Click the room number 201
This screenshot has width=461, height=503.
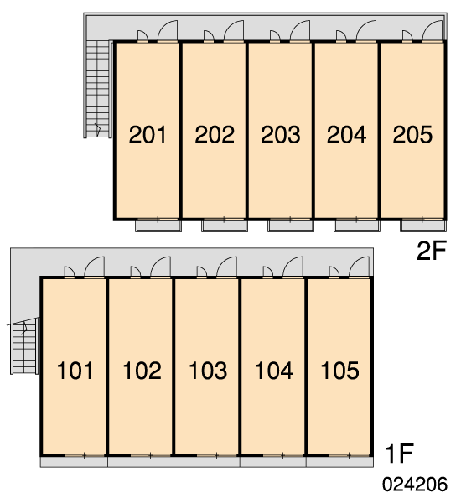(x=148, y=134)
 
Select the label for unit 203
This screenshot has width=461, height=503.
(x=281, y=134)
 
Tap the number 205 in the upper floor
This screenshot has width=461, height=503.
(x=412, y=134)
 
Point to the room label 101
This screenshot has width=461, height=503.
(x=75, y=371)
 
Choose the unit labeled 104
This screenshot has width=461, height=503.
(x=273, y=371)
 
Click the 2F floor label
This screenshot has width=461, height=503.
(x=432, y=251)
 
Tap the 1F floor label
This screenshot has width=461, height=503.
(x=400, y=454)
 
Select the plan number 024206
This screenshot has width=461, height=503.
(x=415, y=484)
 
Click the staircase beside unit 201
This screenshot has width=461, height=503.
(x=97, y=89)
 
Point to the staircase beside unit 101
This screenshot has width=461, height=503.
(x=24, y=346)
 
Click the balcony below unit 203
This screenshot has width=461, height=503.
(x=291, y=226)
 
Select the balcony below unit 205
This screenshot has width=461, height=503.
(x=422, y=226)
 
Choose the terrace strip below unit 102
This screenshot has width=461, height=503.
(x=141, y=462)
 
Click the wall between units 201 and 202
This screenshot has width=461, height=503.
(x=180, y=130)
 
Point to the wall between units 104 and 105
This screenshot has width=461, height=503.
(x=306, y=366)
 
